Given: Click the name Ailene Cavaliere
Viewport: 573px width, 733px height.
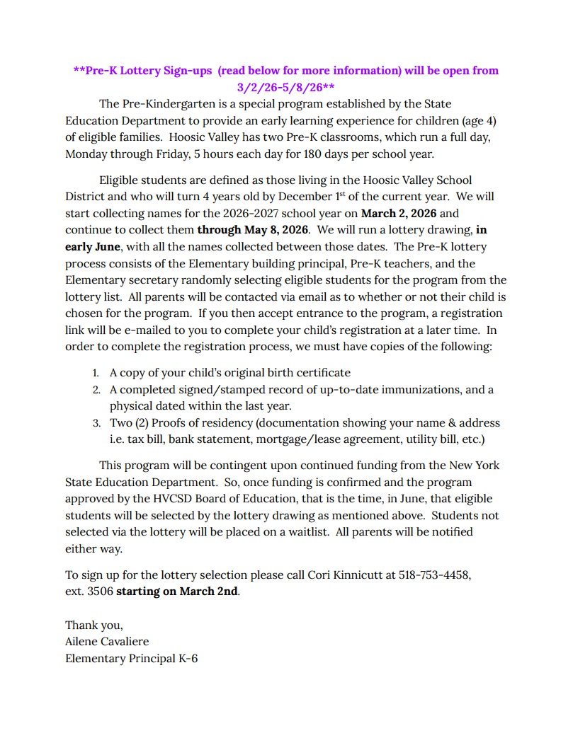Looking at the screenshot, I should tap(107, 642).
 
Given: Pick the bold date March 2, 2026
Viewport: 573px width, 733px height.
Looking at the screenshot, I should tap(399, 213).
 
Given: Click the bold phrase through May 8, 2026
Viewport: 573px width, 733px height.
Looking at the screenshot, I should tap(254, 230).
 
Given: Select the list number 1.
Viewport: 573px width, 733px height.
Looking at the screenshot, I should tap(96, 373).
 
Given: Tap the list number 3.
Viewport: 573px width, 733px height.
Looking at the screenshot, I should tap(96, 424).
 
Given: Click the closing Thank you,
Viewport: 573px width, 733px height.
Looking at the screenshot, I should tap(94, 625).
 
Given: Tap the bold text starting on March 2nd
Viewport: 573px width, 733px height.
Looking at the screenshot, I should tap(178, 591).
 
